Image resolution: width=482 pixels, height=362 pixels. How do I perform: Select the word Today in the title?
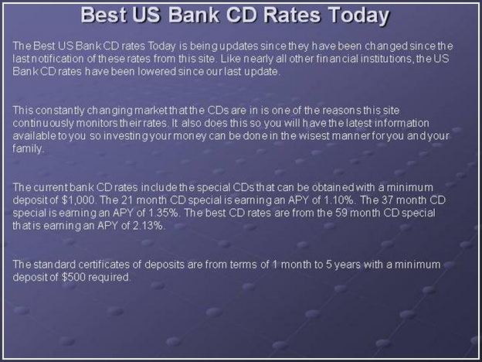point(358,16)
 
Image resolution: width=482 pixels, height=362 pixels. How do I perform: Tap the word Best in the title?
point(104,15)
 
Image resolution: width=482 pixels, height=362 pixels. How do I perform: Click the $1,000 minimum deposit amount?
point(78,200)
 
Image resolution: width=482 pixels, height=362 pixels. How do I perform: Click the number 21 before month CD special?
point(127,200)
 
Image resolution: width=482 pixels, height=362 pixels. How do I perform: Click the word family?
point(27,149)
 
